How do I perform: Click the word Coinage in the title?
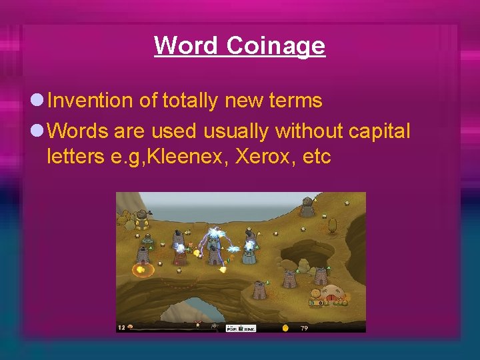[275, 46]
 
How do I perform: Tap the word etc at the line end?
[316, 158]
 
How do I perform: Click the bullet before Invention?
[37, 101]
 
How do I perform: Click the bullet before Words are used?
[37, 130]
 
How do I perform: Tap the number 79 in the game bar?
[303, 328]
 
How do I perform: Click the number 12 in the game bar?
[121, 327]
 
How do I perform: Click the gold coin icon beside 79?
[285, 328]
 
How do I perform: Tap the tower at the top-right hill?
[307, 207]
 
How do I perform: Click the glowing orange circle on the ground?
[141, 270]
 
